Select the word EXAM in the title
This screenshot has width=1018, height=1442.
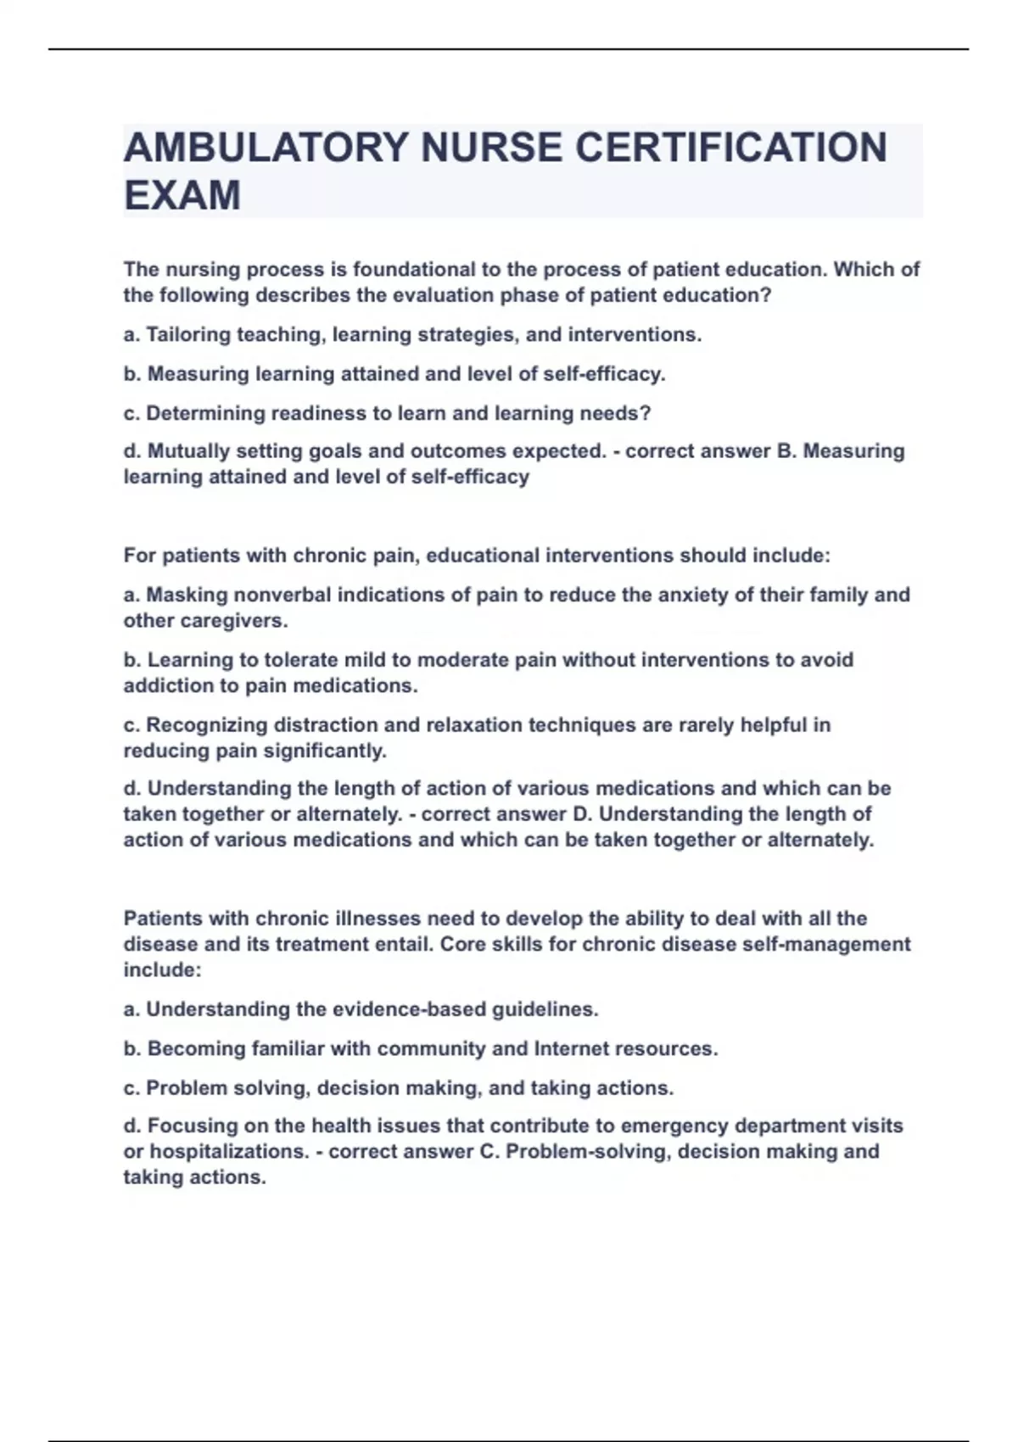click(x=182, y=195)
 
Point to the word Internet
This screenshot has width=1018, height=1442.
click(x=570, y=1048)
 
